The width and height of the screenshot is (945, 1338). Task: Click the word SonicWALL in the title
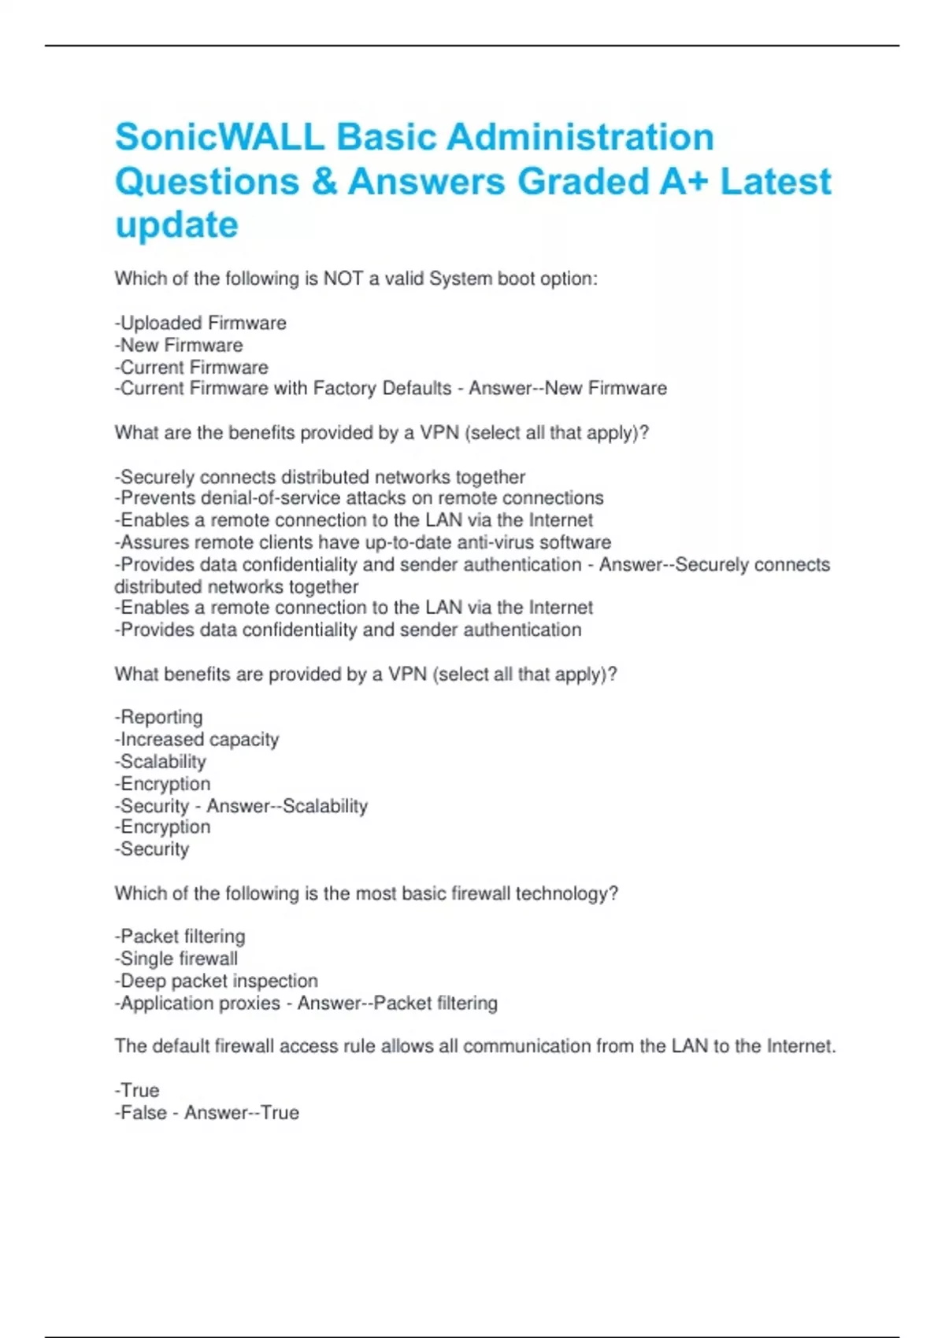point(219,137)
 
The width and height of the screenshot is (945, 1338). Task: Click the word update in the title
point(176,225)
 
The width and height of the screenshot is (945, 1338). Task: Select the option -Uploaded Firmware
point(201,323)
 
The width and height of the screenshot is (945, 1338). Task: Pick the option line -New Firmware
point(179,345)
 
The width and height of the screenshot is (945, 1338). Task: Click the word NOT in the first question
point(343,279)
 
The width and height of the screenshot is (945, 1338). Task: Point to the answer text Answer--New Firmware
point(568,388)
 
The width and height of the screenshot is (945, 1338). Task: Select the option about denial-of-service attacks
point(359,498)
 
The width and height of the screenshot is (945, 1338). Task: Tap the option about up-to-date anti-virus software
point(363,542)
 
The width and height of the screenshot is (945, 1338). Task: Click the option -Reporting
point(159,717)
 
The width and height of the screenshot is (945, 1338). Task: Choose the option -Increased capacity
point(197,739)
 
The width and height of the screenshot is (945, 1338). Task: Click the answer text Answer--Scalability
point(287,806)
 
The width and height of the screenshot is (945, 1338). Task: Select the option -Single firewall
point(176,959)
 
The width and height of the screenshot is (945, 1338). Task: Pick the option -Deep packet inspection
point(217,981)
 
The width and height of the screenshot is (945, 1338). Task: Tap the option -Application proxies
point(198,1003)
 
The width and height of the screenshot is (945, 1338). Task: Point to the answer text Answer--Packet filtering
point(398,1003)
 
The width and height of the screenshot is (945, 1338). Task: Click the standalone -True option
point(138,1090)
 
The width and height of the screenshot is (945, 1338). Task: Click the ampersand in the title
point(324,181)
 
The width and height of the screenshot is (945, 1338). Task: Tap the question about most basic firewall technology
point(366,893)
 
